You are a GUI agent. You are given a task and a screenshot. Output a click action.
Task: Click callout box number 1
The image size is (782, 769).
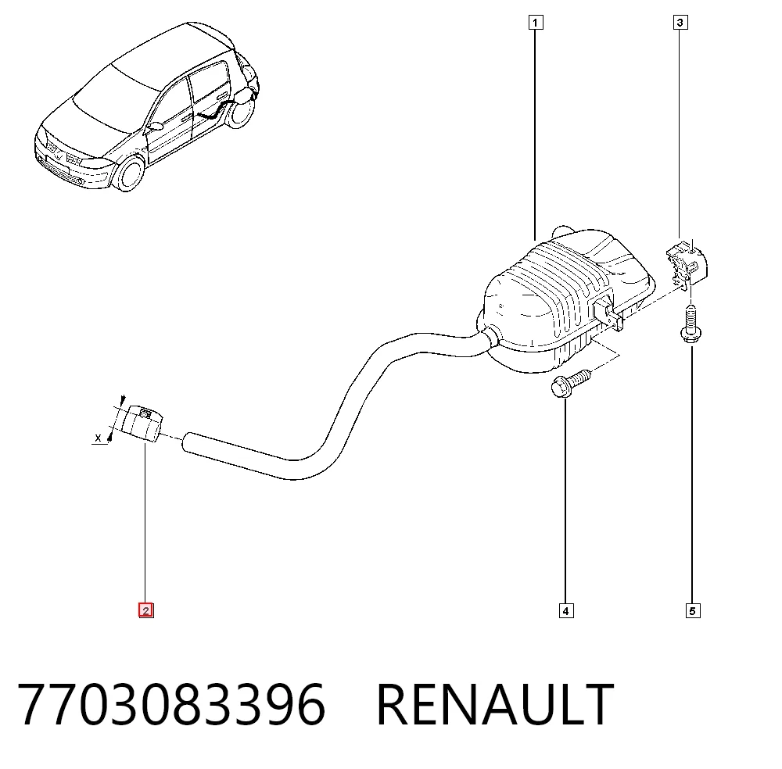click(535, 23)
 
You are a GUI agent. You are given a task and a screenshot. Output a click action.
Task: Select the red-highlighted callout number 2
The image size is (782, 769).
click(145, 610)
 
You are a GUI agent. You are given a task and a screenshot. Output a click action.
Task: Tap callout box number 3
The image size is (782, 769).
click(680, 23)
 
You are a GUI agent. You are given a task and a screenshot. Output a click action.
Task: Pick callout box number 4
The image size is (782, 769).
click(566, 611)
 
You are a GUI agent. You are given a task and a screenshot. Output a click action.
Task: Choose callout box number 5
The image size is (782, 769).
click(693, 611)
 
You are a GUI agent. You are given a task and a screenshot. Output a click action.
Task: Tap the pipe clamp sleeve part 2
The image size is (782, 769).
click(142, 424)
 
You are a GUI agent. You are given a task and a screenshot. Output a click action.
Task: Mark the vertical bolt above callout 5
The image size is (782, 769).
click(691, 324)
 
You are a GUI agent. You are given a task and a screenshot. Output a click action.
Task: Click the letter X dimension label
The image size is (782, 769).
click(99, 438)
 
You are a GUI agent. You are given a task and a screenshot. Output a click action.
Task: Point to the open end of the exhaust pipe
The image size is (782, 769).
click(187, 443)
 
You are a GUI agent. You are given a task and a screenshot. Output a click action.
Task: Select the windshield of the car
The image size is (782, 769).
click(119, 99)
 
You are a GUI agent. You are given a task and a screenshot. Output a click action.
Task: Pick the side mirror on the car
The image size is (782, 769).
click(155, 126)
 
